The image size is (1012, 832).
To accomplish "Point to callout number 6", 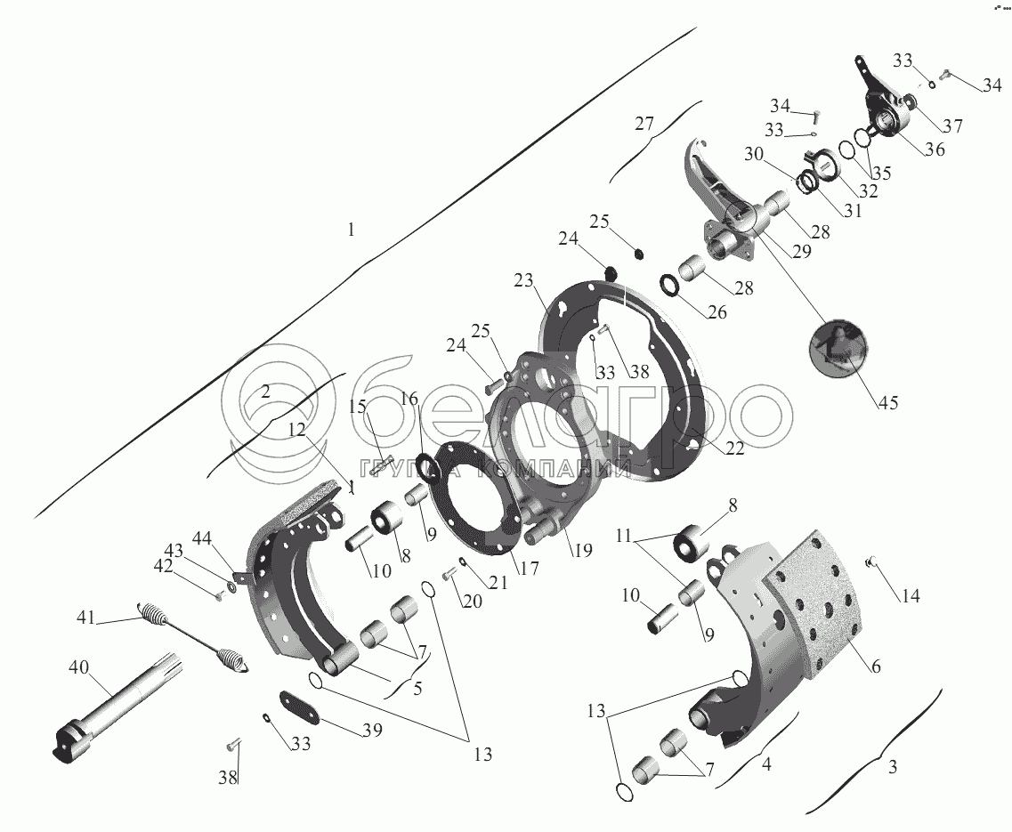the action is click(876, 666).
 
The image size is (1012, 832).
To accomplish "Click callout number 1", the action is click(351, 230).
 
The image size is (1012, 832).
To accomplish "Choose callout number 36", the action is click(934, 149).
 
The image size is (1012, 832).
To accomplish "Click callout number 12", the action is click(296, 430).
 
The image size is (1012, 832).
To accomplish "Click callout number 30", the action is click(755, 154).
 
